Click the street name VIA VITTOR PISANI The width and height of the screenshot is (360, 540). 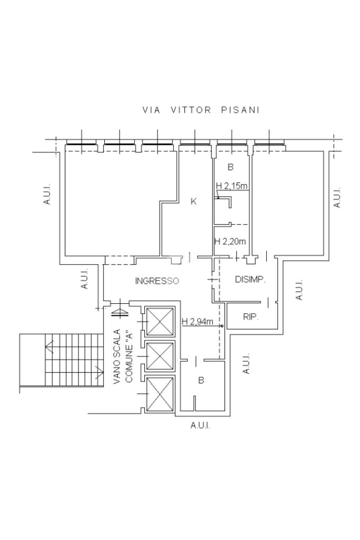pyautogui.click(x=201, y=111)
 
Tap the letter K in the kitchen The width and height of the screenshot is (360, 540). pyautogui.click(x=193, y=201)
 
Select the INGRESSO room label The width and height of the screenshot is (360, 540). pyautogui.click(x=157, y=281)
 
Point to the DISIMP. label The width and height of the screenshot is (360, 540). pyautogui.click(x=250, y=279)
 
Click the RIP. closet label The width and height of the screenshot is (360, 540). pyautogui.click(x=249, y=317)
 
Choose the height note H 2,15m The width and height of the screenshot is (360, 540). pyautogui.click(x=232, y=186)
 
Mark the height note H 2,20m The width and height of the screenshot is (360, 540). pyautogui.click(x=230, y=242)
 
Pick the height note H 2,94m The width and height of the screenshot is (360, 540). pyautogui.click(x=198, y=321)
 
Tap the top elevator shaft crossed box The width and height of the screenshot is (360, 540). pyautogui.click(x=160, y=321)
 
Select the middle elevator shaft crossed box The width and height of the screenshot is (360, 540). pyautogui.click(x=160, y=356)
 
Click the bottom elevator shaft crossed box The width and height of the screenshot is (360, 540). pyautogui.click(x=160, y=393)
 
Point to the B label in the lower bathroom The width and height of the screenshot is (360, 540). pyautogui.click(x=201, y=380)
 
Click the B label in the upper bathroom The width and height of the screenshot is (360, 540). pyautogui.click(x=230, y=168)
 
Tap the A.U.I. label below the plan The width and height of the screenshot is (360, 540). pyautogui.click(x=200, y=426)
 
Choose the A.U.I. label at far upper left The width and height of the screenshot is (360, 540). pyautogui.click(x=47, y=194)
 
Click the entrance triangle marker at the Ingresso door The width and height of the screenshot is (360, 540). pyautogui.click(x=121, y=310)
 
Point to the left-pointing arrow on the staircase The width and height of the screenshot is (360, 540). pyautogui.click(x=49, y=346)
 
